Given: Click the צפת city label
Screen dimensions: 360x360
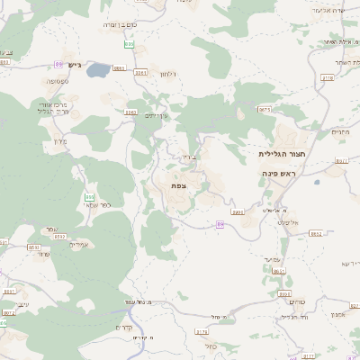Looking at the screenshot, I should [x=178, y=184].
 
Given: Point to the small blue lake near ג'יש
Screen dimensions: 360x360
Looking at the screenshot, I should [x=99, y=67].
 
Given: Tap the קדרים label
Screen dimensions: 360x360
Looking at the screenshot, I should [x=125, y=328].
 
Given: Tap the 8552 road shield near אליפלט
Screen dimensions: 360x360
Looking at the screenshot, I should [x=316, y=233].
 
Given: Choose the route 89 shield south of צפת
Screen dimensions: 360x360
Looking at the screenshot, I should [x=220, y=224].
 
